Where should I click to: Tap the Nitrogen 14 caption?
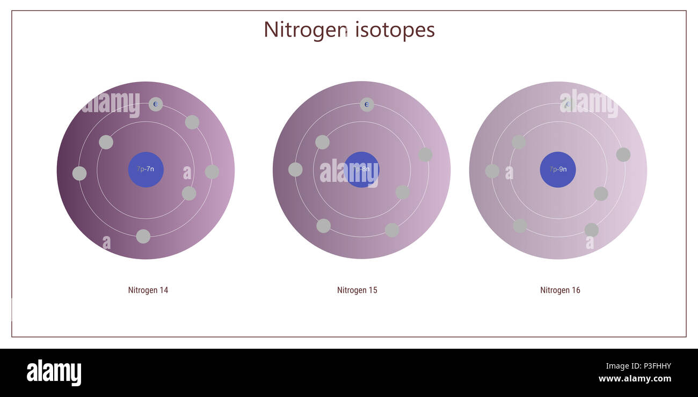point(148,290)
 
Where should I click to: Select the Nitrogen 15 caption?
point(357,290)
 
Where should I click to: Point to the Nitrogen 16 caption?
point(560,290)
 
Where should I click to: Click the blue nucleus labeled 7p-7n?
point(146,170)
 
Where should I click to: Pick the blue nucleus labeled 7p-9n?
point(558,170)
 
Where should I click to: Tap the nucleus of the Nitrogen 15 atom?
point(361,170)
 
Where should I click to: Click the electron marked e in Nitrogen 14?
point(156,104)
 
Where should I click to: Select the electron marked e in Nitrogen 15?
point(367,105)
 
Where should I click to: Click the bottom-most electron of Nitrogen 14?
point(143,237)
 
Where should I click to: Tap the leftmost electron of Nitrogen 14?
point(79,173)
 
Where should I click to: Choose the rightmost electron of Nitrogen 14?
point(212,172)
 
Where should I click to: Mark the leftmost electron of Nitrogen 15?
point(295,170)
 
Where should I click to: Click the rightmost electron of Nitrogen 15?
point(425,155)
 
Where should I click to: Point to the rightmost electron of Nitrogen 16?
point(623,155)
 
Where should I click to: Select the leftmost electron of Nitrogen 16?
point(492,171)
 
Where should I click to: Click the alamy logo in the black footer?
point(54,373)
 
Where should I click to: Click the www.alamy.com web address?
point(635,379)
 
